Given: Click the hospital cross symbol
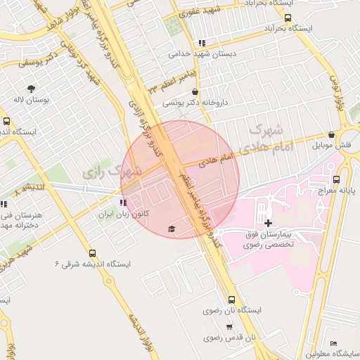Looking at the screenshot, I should point(268,223).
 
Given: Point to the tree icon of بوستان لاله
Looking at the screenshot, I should point(31,89).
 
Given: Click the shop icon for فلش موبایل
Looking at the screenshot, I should point(331,134).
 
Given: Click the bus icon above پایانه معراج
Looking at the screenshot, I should point(336,179).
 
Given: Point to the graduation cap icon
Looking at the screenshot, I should point(171,229).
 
